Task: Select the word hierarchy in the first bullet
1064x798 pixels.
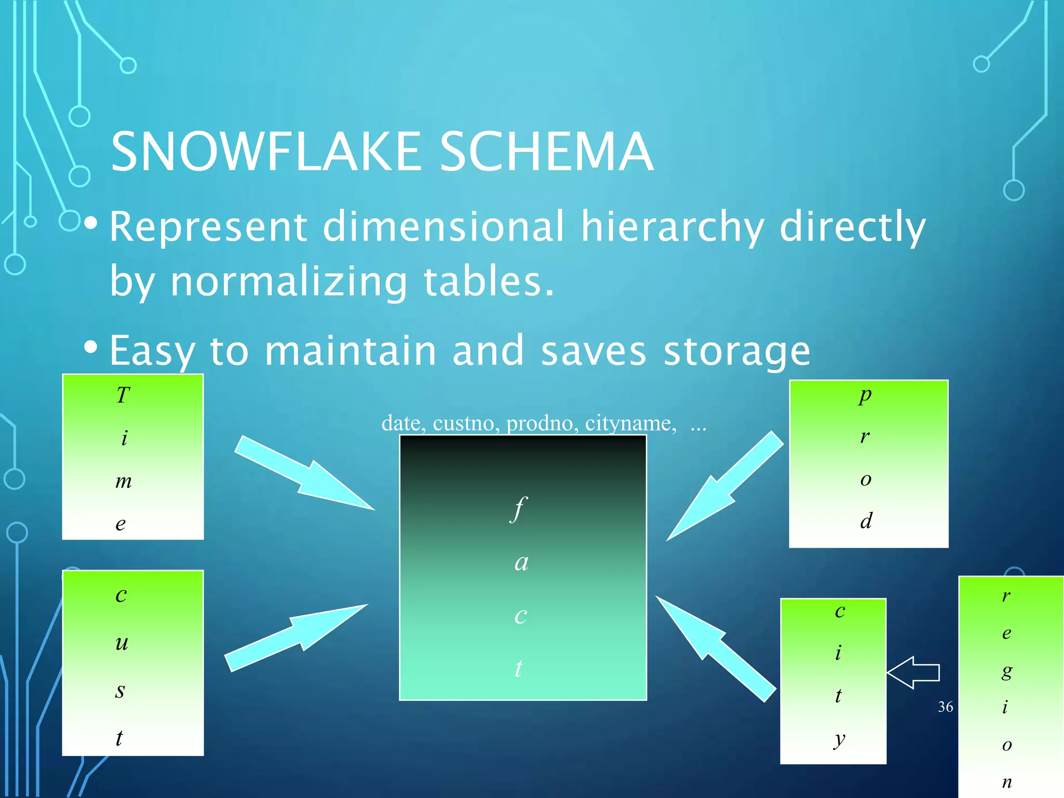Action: (672, 227)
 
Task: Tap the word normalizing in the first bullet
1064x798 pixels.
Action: (289, 281)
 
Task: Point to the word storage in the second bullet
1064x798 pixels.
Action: (737, 351)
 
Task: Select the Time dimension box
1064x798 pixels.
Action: (133, 457)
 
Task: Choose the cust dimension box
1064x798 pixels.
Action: (133, 662)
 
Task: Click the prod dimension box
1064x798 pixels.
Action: (869, 463)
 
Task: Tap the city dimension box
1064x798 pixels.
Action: (833, 681)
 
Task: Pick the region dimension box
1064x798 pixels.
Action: (1010, 686)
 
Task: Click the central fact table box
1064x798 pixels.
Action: (523, 567)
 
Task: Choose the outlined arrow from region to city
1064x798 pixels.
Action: (913, 672)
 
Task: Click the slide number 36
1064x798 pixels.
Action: (946, 707)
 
